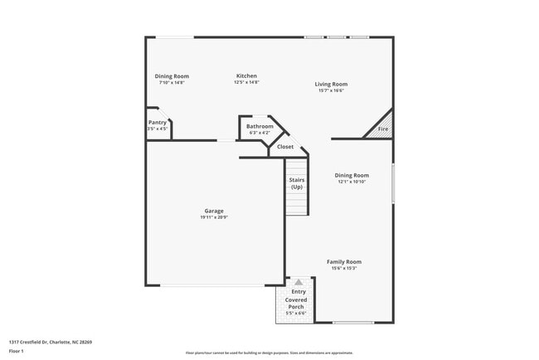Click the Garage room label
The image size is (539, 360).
tap(214, 211)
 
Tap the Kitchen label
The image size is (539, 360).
tap(246, 75)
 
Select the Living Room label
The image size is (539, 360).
tap(331, 84)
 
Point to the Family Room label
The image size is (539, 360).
tap(343, 261)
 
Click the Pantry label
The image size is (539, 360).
tap(158, 122)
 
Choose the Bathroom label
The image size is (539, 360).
tap(260, 126)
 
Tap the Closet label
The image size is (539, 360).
tap(285, 147)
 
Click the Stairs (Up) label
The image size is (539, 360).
tap(297, 183)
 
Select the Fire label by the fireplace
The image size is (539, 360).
tap(382, 129)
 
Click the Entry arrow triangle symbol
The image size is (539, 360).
tap(299, 282)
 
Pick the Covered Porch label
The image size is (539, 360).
tap(296, 303)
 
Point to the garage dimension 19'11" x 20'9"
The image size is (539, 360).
tap(214, 217)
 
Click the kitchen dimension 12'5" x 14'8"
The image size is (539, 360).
tap(246, 82)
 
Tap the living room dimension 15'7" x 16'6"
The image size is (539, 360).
tap(331, 90)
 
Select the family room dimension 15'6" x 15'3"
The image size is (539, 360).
tap(343, 268)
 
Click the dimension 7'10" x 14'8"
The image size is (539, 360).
tap(172, 82)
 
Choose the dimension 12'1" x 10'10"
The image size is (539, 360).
tap(352, 182)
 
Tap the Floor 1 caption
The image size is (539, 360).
tap(17, 351)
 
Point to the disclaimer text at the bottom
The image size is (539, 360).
tap(269, 353)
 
